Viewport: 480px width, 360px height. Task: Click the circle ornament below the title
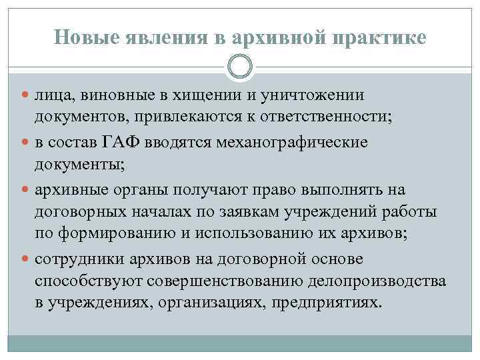(240, 67)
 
